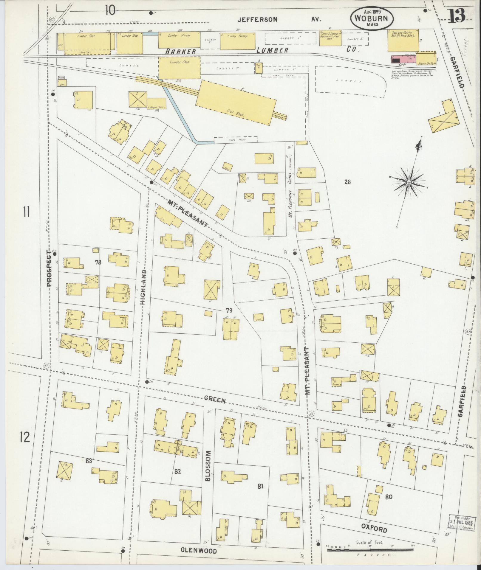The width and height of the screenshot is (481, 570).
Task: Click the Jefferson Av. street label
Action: (279, 20)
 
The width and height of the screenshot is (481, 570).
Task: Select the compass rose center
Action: (409, 182)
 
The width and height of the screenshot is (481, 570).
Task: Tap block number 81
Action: (260, 486)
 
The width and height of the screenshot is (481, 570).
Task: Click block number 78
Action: (98, 262)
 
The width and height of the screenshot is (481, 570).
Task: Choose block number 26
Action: (347, 182)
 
